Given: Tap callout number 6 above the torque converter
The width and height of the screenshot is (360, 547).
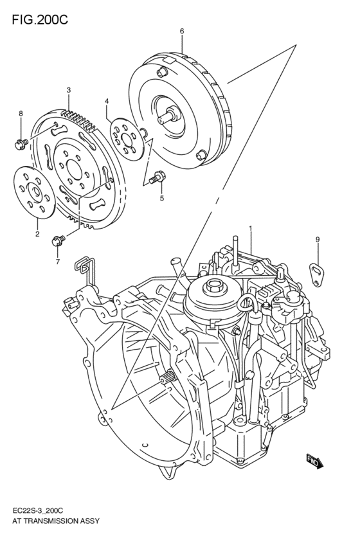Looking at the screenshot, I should pos(182,31).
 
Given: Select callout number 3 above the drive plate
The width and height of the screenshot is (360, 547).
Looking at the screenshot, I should pos(69,90).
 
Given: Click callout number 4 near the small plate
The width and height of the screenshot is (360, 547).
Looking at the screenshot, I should pos(107,101).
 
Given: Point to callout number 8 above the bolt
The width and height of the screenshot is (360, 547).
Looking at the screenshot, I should pos(21,114).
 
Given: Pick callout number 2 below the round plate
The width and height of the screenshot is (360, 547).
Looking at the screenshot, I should pos(37,234).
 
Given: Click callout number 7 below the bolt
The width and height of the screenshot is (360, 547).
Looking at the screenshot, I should pos(57,262).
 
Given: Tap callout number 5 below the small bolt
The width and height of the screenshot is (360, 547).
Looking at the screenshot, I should pos(162,198).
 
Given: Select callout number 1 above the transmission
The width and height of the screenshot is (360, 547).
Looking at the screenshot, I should pos(250,228).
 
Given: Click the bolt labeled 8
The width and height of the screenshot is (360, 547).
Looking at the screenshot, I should pos(20,143).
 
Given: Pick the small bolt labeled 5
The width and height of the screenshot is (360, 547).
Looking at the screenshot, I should pos(156,177).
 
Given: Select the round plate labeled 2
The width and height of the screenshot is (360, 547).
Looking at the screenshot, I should pos(32,192).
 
